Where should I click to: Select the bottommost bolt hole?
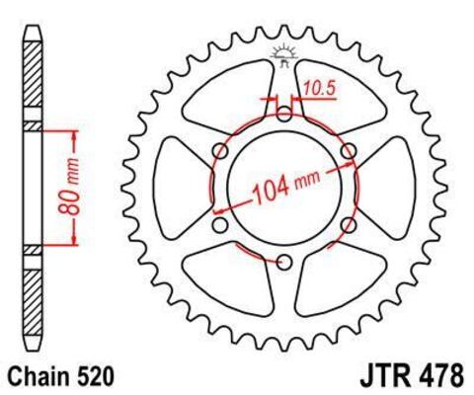pyautogui.click(x=283, y=262)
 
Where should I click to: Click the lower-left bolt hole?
pyautogui.click(x=219, y=225)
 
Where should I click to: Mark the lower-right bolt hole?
pyautogui.click(x=348, y=225)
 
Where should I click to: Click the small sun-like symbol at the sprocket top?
pyautogui.click(x=283, y=51)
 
